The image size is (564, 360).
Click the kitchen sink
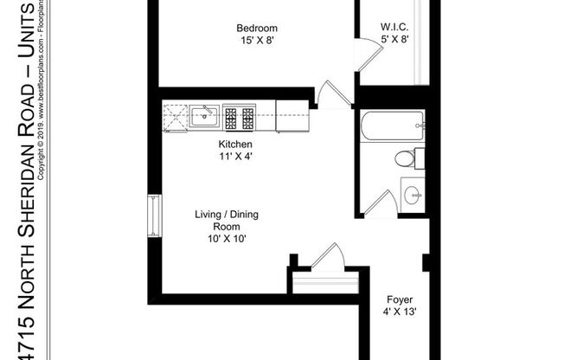click(x=205, y=115)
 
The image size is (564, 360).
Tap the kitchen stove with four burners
click(x=238, y=116)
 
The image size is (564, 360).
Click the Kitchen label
click(x=235, y=144)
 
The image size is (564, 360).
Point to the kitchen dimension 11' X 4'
click(x=235, y=157)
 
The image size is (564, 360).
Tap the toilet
click(x=407, y=158)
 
